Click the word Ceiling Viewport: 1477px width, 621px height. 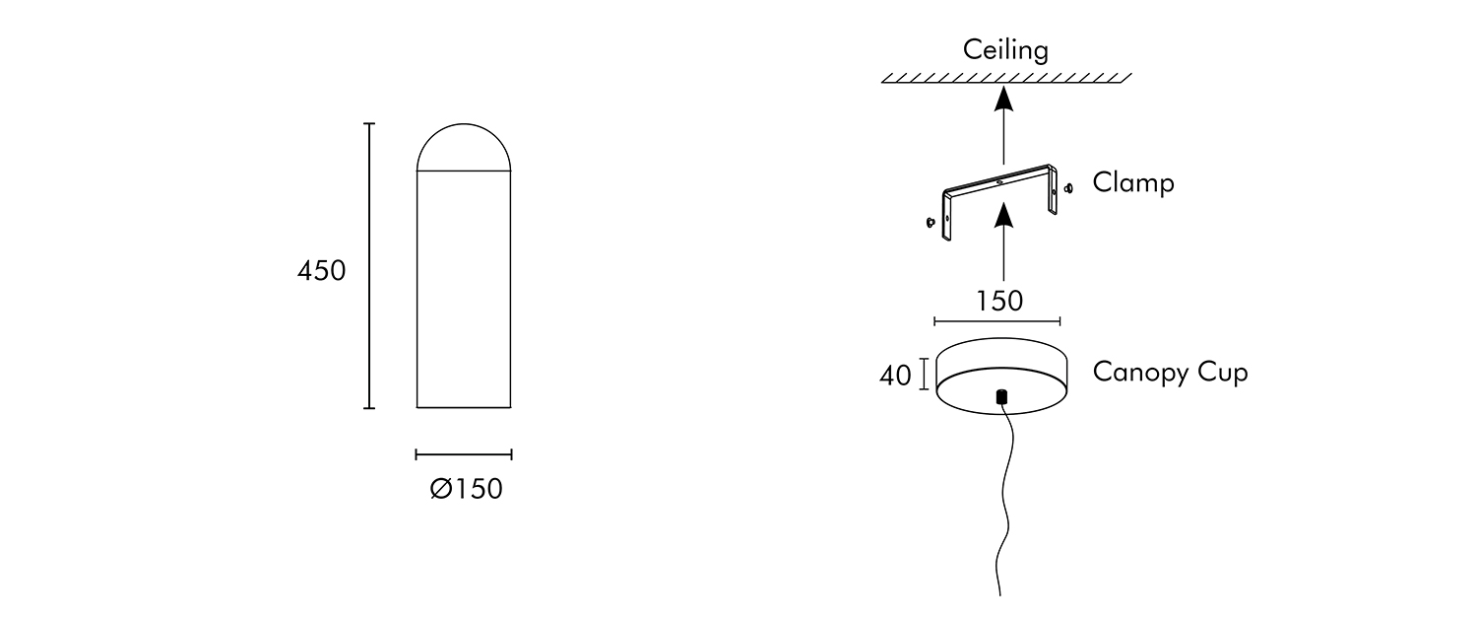[x=1005, y=50]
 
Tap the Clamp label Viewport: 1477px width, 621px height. [x=1133, y=183]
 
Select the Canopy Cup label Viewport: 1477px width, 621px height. [x=1170, y=373]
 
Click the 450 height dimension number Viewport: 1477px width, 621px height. [x=322, y=271]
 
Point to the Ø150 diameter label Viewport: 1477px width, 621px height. [x=466, y=489]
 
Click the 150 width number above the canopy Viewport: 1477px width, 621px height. [x=999, y=302]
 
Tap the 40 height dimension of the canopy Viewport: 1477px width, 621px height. [x=895, y=376]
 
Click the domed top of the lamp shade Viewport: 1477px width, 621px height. [x=464, y=148]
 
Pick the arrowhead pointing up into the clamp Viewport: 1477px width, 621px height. [x=1002, y=214]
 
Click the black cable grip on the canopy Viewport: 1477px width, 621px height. [x=1001, y=397]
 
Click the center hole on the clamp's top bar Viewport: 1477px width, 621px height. [x=998, y=181]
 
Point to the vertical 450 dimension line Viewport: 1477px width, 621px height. [x=370, y=266]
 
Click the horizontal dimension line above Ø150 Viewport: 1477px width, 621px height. [x=464, y=454]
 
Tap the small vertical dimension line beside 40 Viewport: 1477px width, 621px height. [x=924, y=375]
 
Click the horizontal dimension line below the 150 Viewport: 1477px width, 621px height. [x=996, y=320]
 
